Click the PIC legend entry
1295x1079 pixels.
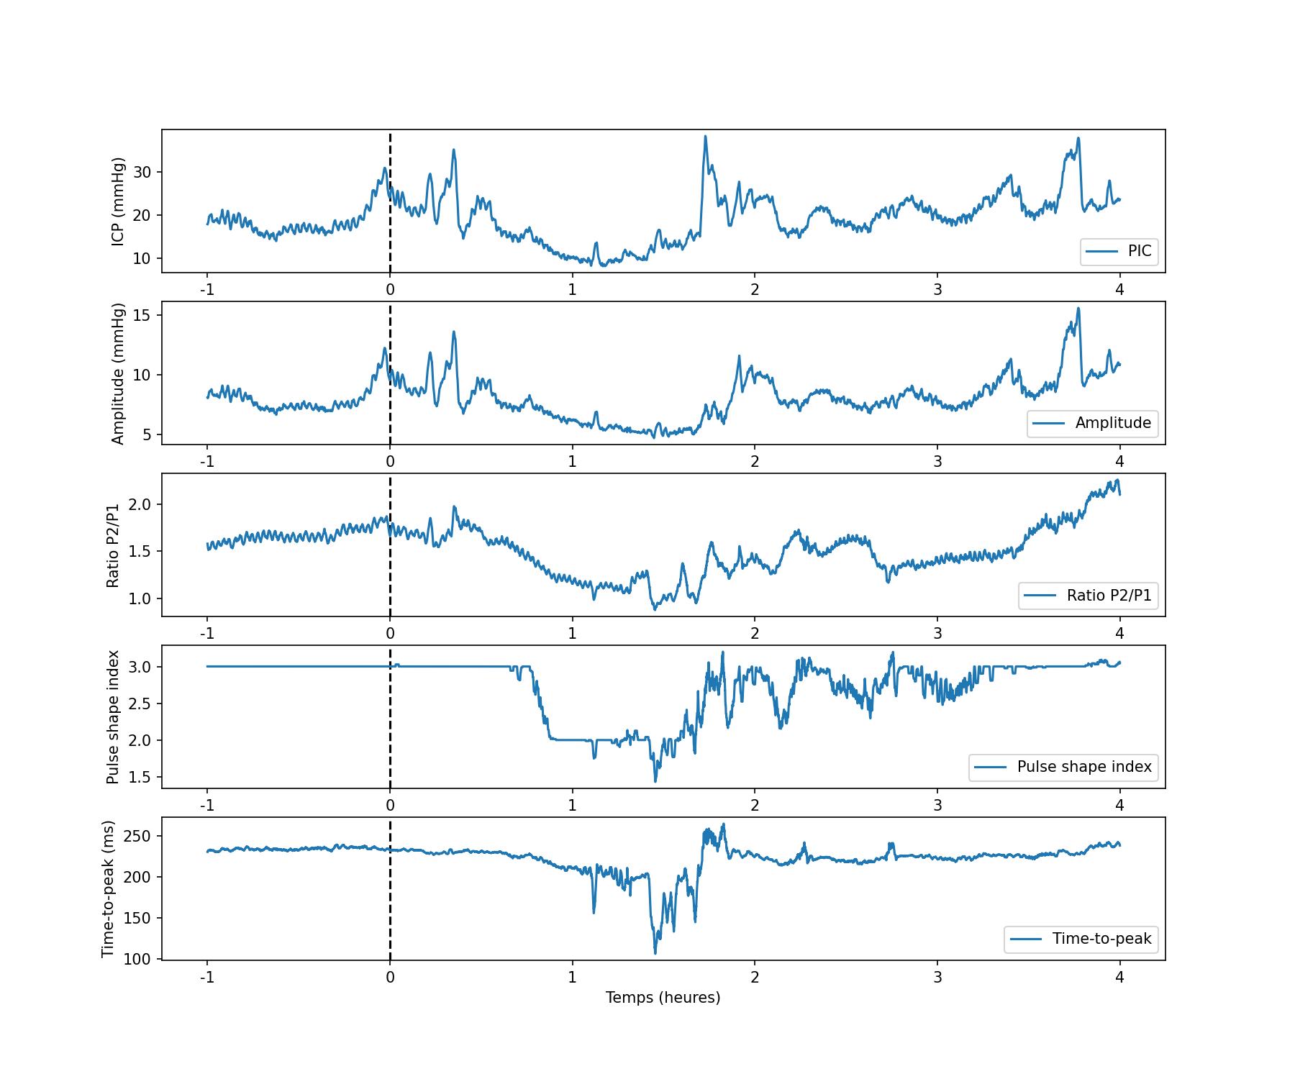click(x=1119, y=251)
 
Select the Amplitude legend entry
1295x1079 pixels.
click(x=1092, y=423)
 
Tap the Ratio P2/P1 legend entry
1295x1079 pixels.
click(x=1088, y=596)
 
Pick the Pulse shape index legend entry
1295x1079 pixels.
click(x=1063, y=767)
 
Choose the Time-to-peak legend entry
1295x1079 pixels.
click(x=1081, y=939)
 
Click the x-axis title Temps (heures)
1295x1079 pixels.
click(x=663, y=998)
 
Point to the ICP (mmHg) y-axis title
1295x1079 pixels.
click(x=119, y=201)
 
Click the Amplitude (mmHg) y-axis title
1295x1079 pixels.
click(x=119, y=373)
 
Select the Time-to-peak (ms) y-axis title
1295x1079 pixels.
click(x=109, y=889)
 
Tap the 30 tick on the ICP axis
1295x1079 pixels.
click(x=142, y=172)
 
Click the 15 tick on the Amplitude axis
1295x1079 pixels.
click(x=142, y=315)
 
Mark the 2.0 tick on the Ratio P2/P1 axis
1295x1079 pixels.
click(x=140, y=504)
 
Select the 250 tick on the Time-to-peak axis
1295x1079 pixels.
click(x=137, y=836)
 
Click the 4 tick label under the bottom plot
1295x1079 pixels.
click(x=1119, y=978)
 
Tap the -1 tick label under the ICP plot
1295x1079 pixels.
click(x=207, y=290)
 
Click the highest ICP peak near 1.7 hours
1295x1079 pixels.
click(x=705, y=136)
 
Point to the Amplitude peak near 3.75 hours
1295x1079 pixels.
click(x=1078, y=309)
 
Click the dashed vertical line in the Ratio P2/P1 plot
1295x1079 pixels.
click(x=390, y=561)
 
